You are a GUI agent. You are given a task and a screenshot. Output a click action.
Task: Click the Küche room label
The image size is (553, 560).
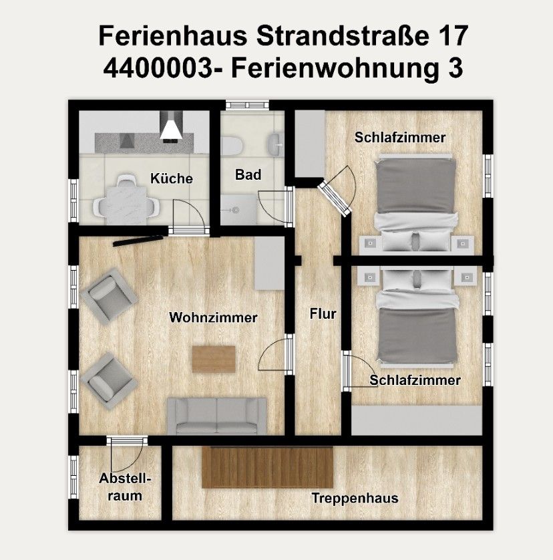pos(172,178)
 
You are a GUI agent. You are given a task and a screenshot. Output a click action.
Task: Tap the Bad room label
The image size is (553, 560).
pos(248,175)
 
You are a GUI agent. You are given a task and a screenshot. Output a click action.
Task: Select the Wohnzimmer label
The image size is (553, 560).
pos(213,318)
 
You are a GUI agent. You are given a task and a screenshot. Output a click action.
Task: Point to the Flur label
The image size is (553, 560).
pos(323,313)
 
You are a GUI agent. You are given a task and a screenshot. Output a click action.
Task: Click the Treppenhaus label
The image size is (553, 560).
pos(355,498)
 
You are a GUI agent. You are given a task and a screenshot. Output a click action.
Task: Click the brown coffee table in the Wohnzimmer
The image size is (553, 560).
pos(214,359)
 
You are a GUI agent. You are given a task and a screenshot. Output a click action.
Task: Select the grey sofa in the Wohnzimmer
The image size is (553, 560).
pos(216,415)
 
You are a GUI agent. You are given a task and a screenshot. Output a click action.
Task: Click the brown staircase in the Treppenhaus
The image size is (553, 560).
pos(268,468)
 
